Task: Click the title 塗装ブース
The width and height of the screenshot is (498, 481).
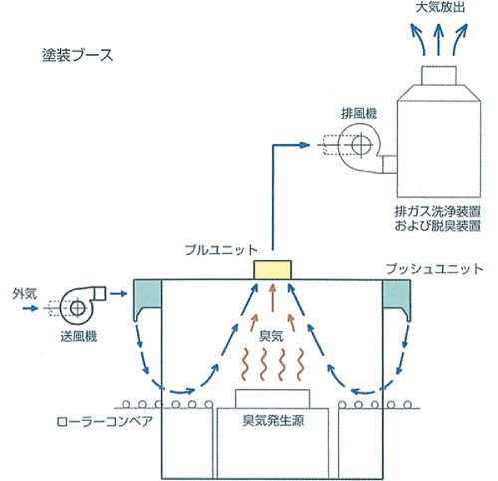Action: pos(78,55)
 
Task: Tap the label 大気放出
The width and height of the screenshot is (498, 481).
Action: pos(440,7)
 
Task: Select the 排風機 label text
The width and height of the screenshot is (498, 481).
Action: pos(360,114)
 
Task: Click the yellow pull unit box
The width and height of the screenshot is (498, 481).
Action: pos(273,270)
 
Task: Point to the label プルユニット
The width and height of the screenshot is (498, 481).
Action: pos(221,250)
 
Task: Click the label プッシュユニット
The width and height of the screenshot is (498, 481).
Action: pos(435,269)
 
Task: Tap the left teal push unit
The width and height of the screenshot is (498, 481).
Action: pos(147,299)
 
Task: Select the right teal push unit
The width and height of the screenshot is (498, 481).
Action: pos(397,299)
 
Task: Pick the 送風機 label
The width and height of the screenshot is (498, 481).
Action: pos(79,337)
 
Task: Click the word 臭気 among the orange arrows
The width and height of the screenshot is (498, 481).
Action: pos(271,336)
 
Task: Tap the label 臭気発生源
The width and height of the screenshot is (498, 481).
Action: pos(273,421)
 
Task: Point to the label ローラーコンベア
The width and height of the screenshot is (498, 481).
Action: pos(105,422)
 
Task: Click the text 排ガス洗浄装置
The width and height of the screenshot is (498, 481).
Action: pos(438,211)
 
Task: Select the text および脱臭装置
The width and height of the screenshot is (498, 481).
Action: pos(438,226)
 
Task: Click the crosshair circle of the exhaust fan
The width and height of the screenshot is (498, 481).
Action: pos(361,145)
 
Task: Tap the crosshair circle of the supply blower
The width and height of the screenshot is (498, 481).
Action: pos(77,308)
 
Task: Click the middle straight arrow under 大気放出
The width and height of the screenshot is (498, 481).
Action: pos(439,39)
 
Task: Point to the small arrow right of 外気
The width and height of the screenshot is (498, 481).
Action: pos(30,308)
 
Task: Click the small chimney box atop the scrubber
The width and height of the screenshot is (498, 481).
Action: pos(439,75)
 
